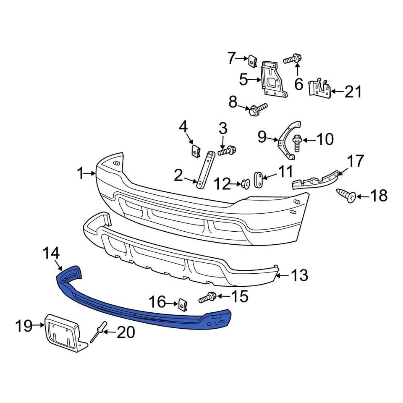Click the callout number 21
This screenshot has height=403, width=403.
click(x=353, y=91)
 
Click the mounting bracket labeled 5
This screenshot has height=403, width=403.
click(x=273, y=79)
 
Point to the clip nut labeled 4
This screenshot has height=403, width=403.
click(x=195, y=150)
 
